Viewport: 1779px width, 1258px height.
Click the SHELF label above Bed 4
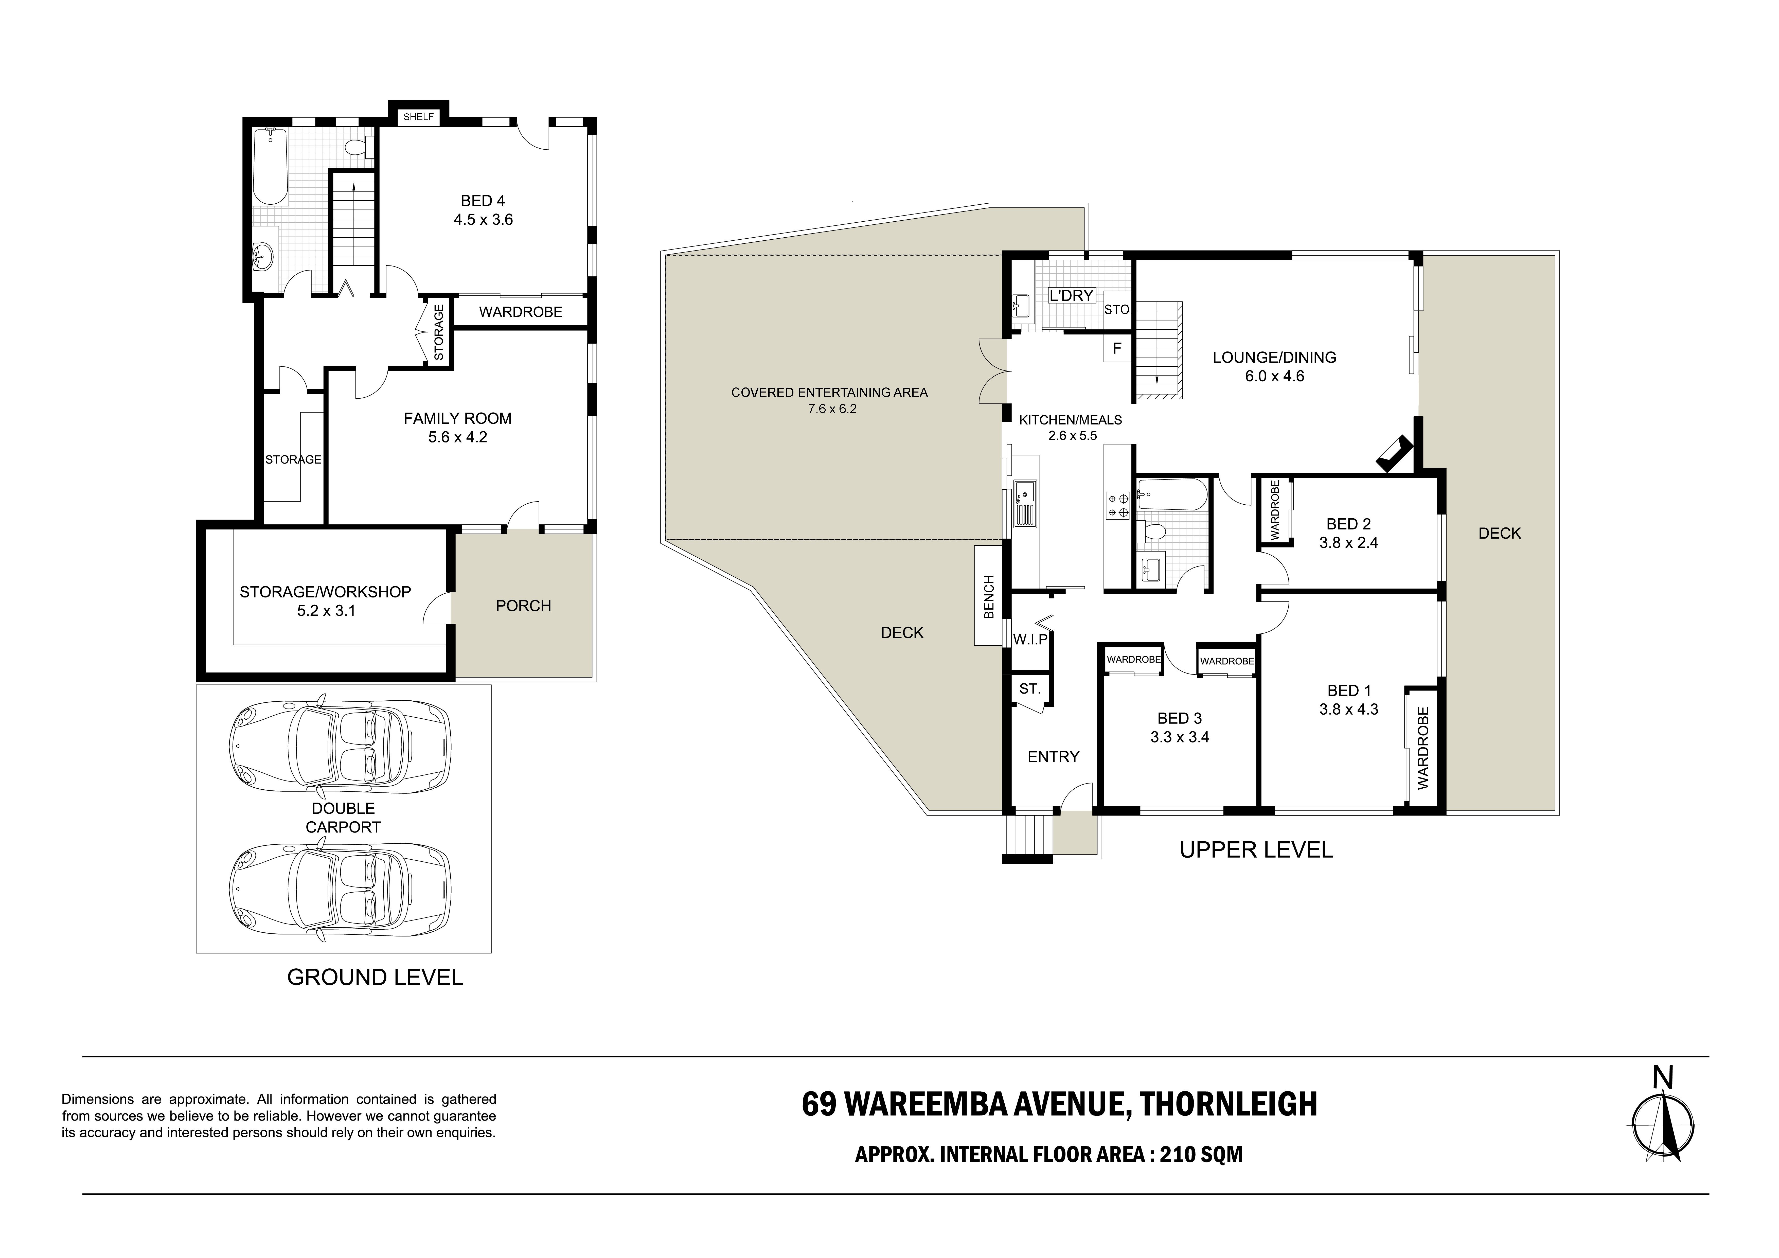click(x=418, y=117)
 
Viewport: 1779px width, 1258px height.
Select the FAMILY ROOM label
click(x=457, y=419)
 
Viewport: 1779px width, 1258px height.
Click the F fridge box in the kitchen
click(x=1116, y=349)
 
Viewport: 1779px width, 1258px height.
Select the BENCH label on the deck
click(x=988, y=597)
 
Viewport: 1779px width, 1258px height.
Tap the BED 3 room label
click(x=1179, y=719)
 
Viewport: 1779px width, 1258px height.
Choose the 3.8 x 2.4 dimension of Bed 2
click(x=1349, y=543)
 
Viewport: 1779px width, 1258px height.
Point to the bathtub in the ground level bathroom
click(x=271, y=167)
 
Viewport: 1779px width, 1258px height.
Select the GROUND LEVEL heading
click(x=375, y=977)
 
